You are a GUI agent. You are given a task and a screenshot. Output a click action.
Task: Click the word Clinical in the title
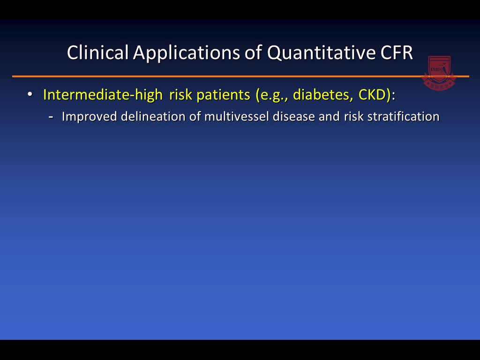[97, 52]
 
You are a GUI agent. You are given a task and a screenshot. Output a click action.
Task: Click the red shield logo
[439, 73]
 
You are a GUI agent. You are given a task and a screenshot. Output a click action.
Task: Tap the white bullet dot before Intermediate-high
[30, 94]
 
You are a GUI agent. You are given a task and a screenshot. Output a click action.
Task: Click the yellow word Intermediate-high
[103, 95]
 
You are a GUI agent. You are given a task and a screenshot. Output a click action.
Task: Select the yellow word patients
[223, 95]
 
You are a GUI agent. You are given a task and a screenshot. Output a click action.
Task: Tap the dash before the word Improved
[51, 117]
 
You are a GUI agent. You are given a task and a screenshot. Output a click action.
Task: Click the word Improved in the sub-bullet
[90, 117]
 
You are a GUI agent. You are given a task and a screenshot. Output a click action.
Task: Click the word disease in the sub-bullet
[294, 117]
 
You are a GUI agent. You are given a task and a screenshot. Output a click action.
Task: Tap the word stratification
[403, 117]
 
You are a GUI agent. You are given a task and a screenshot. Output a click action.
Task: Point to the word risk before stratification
[354, 117]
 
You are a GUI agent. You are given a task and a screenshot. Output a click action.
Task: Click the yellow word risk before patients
[180, 95]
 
